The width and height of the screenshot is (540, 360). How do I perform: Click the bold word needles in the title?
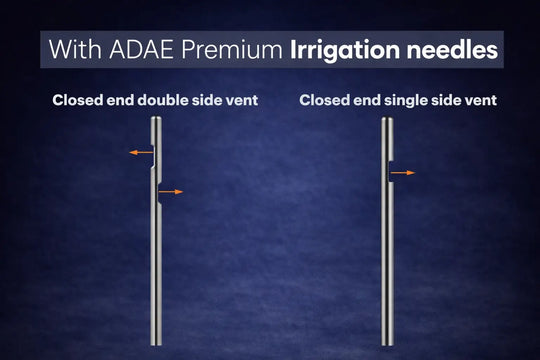click(x=450, y=49)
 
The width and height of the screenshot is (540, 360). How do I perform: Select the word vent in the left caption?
click(x=242, y=100)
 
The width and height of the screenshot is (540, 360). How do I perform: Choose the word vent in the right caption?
click(x=480, y=100)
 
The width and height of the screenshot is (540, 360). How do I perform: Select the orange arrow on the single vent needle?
click(x=403, y=173)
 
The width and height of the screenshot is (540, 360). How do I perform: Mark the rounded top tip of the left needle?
click(x=156, y=118)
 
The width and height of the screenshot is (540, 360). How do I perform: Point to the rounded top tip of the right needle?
click(x=387, y=118)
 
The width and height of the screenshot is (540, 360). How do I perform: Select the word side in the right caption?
click(x=449, y=100)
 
